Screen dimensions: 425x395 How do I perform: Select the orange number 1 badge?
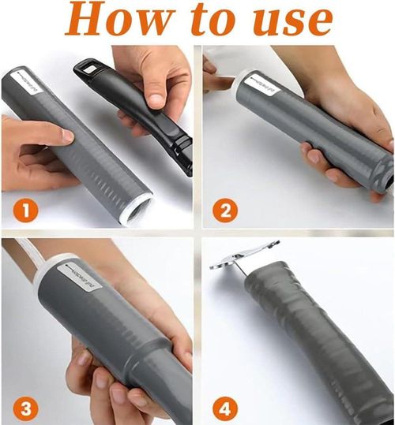pyautogui.click(x=27, y=211)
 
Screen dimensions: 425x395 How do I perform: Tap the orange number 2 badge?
pyautogui.click(x=226, y=211)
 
